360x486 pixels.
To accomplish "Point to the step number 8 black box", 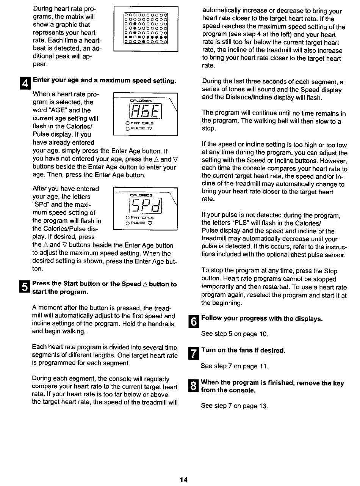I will (x=193, y=387).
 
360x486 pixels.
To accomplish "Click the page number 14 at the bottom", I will (x=183, y=480).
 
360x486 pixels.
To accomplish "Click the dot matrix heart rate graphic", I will (x=146, y=29).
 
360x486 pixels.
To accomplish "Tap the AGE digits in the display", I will (x=146, y=112).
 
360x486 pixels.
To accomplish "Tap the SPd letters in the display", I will (x=146, y=206).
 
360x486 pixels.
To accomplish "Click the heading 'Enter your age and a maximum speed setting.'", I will (x=104, y=80).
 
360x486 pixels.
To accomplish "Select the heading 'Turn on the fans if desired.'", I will (x=243, y=350).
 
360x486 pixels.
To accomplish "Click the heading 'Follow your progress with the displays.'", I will (x=262, y=318).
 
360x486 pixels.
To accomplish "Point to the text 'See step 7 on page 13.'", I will (x=234, y=406).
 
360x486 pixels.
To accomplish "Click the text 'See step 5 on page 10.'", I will (x=234, y=334).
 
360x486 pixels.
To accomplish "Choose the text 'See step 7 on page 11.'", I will (x=234, y=366).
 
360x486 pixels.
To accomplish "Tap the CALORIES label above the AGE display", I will (x=141, y=101).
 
